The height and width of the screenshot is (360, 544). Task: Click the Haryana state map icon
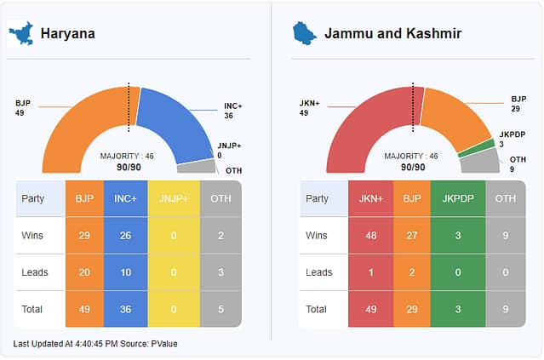pos(20,33)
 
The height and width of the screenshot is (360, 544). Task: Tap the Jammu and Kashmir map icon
pos(304,33)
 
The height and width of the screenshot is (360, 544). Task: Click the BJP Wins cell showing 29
pos(84,236)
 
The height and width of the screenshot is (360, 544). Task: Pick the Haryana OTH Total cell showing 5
pos(221,309)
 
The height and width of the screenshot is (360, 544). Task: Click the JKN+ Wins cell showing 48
pos(369,236)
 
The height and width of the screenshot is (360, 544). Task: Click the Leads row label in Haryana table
pos(35,272)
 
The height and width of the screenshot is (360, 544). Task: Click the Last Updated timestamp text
pos(95,344)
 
